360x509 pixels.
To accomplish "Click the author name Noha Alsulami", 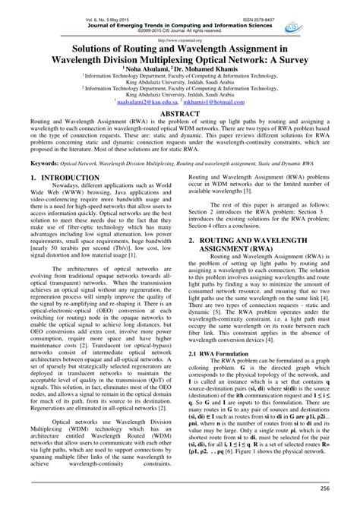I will pyautogui.click(x=148, y=67).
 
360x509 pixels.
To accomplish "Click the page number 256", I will pyautogui.click(x=334, y=490).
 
